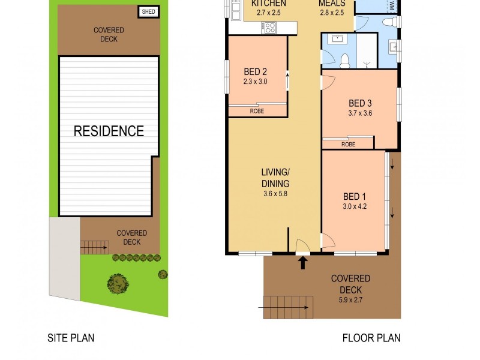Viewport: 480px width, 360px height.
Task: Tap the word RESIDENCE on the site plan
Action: [x=109, y=131]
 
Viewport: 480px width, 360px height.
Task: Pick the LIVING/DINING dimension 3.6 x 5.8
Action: [x=275, y=194]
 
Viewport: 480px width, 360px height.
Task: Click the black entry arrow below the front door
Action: [x=303, y=262]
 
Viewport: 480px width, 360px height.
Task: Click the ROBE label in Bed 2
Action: [x=257, y=111]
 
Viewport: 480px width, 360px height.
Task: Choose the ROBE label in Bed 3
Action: [x=348, y=144]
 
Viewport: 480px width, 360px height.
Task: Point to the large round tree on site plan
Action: [x=118, y=281]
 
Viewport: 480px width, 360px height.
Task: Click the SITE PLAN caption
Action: [x=71, y=338]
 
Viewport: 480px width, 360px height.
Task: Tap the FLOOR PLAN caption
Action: [x=371, y=338]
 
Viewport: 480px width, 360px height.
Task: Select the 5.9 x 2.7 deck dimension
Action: [x=351, y=301]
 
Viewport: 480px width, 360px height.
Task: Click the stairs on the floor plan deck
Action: [x=289, y=307]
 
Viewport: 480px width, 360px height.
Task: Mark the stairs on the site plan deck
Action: [x=93, y=246]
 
